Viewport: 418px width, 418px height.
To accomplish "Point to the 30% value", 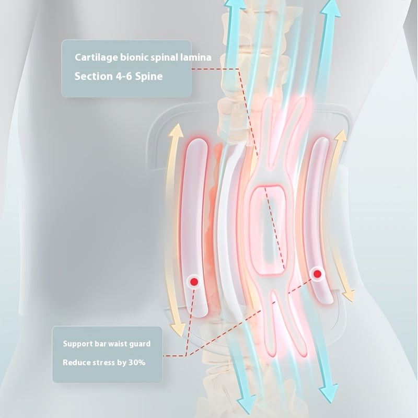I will point(135,362).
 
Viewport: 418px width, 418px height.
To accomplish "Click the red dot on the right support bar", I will point(317,273).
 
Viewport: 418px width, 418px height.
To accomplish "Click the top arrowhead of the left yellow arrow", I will point(178,129).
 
